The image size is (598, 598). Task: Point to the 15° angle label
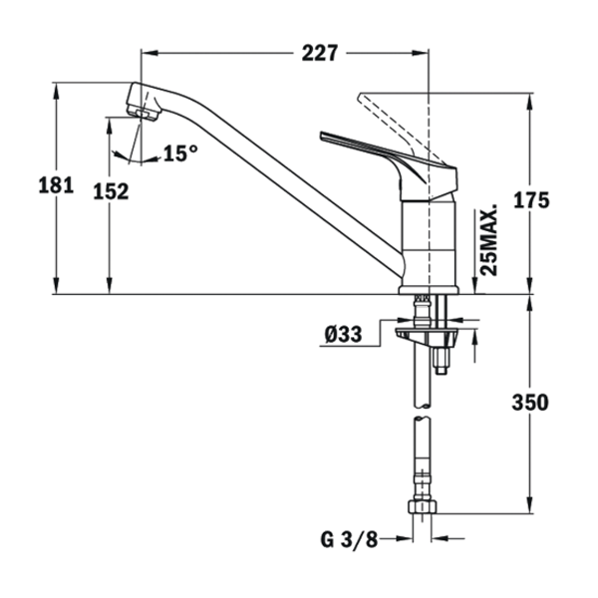pyautogui.click(x=180, y=153)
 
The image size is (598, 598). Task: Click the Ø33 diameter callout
pyautogui.click(x=343, y=335)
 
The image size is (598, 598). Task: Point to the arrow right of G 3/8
pyautogui.click(x=403, y=541)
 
